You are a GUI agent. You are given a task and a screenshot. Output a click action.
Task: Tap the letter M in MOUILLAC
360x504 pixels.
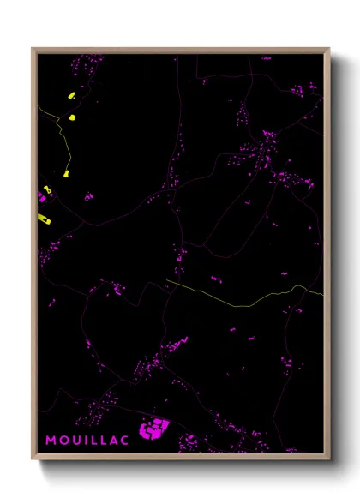pyautogui.click(x=51, y=439)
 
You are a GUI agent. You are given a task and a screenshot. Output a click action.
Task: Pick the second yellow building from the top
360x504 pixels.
pyautogui.click(x=72, y=117)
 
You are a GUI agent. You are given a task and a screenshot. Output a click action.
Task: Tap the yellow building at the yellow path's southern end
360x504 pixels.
pyautogui.click(x=66, y=173)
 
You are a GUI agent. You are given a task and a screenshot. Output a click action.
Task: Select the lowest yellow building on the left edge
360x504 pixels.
pyautogui.click(x=45, y=219)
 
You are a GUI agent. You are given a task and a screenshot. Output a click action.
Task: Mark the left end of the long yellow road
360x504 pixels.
pyautogui.click(x=166, y=280)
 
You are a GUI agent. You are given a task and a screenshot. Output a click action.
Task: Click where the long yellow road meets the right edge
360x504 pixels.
pyautogui.click(x=322, y=294)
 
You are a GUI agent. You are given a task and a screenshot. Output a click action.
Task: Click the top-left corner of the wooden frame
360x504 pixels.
pyautogui.click(x=33, y=49)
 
